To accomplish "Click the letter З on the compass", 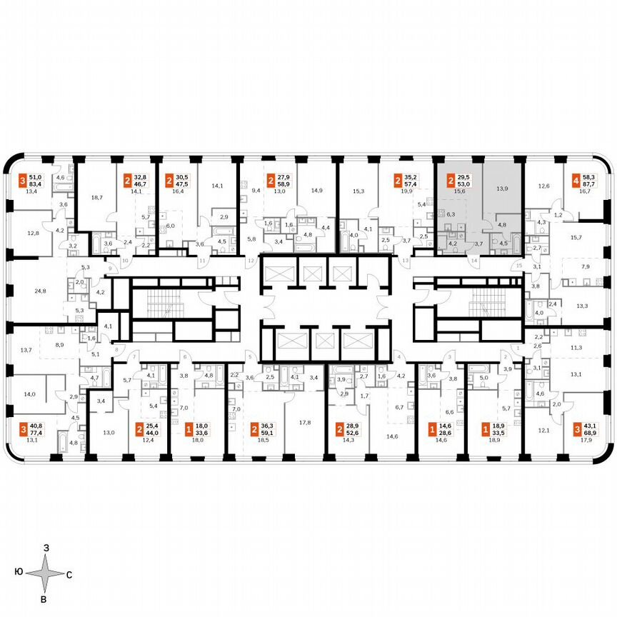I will pyautogui.click(x=46, y=547).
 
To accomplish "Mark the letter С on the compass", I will pyautogui.click(x=69, y=573).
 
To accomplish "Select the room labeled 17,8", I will pyautogui.click(x=305, y=422).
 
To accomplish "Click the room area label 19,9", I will pyautogui.click(x=407, y=191).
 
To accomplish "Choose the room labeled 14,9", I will pyautogui.click(x=317, y=190).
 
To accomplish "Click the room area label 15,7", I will pyautogui.click(x=577, y=236).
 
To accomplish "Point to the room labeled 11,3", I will pyautogui.click(x=577, y=348).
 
